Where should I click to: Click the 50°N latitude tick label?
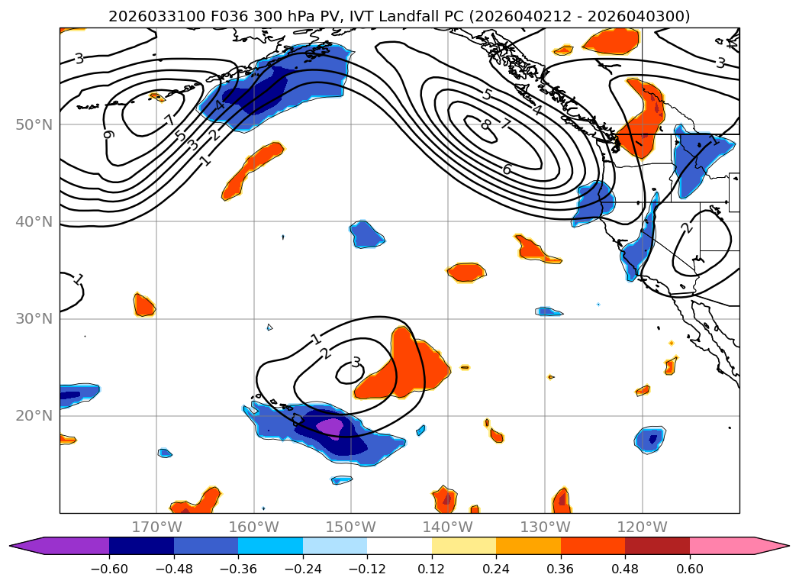pos(34,124)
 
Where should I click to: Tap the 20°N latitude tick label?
pos(34,416)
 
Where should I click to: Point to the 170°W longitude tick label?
pos(156,527)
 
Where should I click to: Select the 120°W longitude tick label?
pos(642,527)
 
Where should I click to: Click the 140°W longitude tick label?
pos(448,527)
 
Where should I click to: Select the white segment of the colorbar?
pos(399,545)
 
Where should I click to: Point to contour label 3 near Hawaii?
pos(356,363)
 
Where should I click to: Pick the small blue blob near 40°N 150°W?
pos(367,234)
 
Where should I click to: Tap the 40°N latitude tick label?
pos(34,221)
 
